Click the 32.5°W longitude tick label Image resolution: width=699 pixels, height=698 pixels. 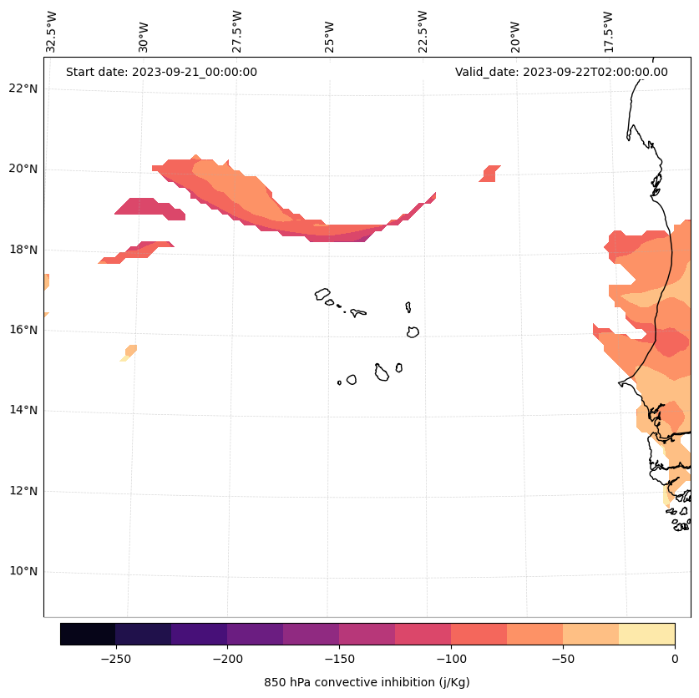coord(52,32)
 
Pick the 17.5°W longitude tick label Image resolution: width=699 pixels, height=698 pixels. coord(609,32)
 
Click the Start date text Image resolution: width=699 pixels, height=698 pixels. coord(161,72)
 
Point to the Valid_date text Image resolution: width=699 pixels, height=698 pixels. coord(561,72)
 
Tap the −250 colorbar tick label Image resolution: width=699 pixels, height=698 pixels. coord(115,659)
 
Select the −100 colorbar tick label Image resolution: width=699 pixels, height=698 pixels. coord(451,659)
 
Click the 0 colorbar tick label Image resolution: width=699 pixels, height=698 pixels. coord(675,659)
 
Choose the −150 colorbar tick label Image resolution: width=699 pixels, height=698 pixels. coord(339,659)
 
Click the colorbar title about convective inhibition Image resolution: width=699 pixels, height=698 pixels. coord(367,682)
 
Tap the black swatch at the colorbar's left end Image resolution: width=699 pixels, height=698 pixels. coord(88,635)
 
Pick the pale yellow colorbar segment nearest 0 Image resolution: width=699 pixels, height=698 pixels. coord(646,635)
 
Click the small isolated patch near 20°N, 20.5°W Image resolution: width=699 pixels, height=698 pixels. coord(490,173)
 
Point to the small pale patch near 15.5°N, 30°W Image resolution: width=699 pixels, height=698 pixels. coord(129,352)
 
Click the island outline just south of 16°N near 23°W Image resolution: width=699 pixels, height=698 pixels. coord(413,331)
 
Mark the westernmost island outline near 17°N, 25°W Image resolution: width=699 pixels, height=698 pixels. coord(322,294)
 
